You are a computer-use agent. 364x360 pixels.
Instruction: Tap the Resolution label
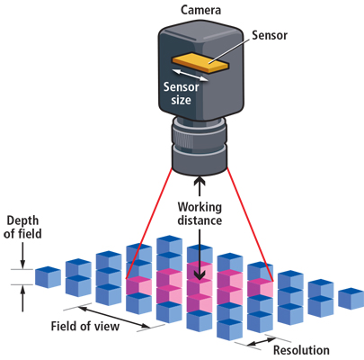tap(300, 350)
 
